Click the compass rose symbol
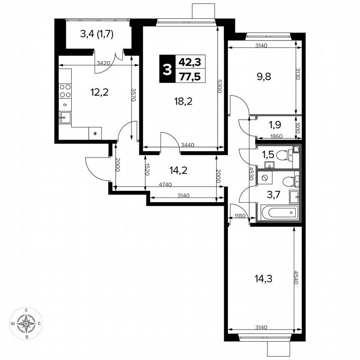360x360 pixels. (27, 323)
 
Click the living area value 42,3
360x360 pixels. (190, 62)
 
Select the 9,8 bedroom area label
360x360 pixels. (265, 77)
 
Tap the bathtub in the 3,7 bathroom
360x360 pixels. (280, 213)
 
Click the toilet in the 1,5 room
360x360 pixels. (285, 156)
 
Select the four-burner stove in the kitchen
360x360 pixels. (65, 91)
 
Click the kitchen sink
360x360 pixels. (65, 118)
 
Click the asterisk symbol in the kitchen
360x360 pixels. (95, 134)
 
